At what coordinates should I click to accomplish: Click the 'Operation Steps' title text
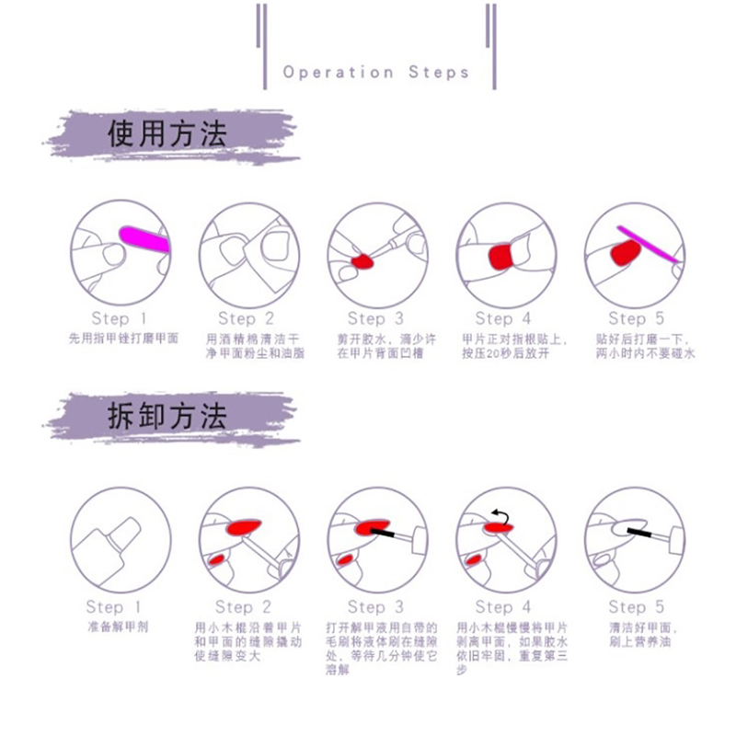point(375,73)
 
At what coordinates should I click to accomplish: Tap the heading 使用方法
point(167,133)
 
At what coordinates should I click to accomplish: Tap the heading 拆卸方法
point(167,416)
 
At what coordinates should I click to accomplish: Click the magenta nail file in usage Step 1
point(144,239)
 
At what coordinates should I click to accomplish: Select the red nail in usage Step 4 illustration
point(500,257)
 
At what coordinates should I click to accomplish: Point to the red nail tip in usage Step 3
point(362,260)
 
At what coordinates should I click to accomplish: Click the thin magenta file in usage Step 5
point(648,244)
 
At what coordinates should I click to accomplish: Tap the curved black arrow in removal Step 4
point(500,517)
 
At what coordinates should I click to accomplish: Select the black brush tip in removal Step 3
point(383,533)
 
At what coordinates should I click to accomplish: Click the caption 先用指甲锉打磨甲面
point(123,338)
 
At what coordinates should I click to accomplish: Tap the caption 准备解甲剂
point(118,627)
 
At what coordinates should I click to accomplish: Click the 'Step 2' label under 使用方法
point(246,318)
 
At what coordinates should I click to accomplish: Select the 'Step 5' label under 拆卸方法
point(636,606)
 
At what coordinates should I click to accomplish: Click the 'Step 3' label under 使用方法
point(375,318)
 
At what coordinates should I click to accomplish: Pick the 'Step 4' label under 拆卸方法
point(502,606)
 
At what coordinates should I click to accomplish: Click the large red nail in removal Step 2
point(243,526)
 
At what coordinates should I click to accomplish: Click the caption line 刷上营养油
point(640,641)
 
